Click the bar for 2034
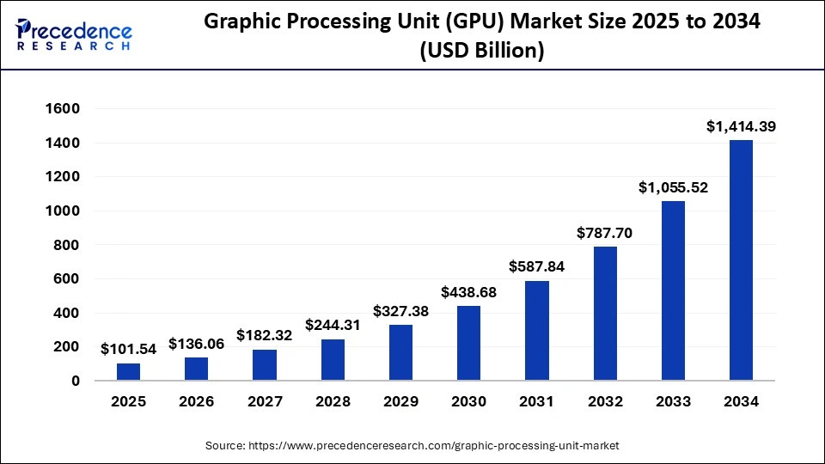click(x=741, y=260)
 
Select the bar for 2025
click(x=128, y=372)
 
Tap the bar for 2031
click(x=536, y=331)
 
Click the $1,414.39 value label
click(x=741, y=126)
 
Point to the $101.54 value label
click(x=128, y=349)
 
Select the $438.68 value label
click(x=468, y=292)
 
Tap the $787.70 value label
click(x=604, y=232)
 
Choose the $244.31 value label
click(x=333, y=326)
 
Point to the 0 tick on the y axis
click(x=75, y=381)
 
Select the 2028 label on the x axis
click(x=333, y=401)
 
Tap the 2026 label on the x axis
click(x=196, y=401)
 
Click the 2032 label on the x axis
click(x=604, y=401)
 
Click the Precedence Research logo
click(x=74, y=35)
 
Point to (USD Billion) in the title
click(x=481, y=51)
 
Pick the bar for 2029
click(x=400, y=352)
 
